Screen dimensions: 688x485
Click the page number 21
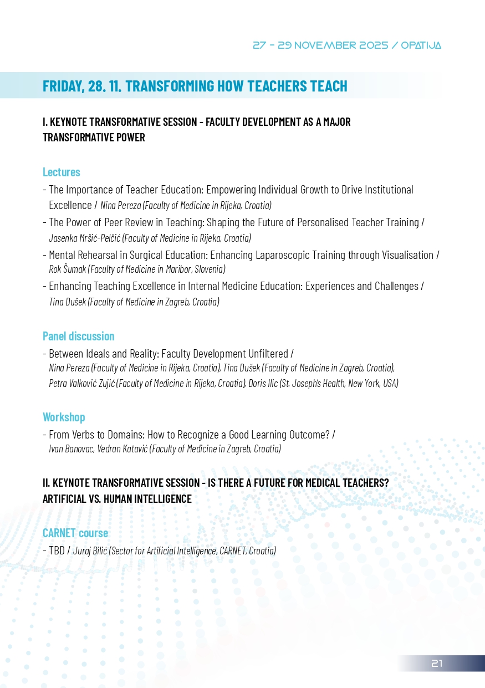click(x=437, y=664)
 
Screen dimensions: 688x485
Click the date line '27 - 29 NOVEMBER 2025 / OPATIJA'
click(x=346, y=45)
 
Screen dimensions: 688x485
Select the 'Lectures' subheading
click(x=62, y=172)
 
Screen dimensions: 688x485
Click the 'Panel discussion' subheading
click(x=79, y=336)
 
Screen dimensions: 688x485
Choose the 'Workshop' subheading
click(x=64, y=417)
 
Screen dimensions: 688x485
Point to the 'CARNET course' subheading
click(x=75, y=533)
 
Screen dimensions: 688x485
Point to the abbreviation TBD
click(x=57, y=551)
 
